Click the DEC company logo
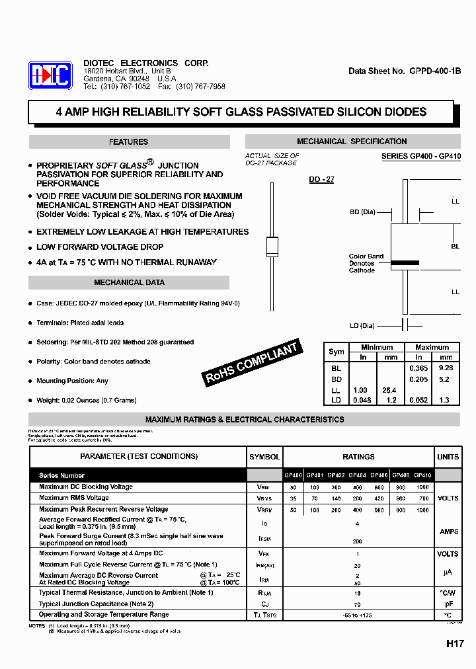click(x=50, y=75)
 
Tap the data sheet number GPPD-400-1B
click(x=405, y=71)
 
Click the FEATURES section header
click(x=129, y=142)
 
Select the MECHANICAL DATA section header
click(x=129, y=282)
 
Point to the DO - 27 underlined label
click(x=321, y=179)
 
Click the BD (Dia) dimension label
click(x=363, y=212)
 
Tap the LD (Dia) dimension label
click(x=362, y=325)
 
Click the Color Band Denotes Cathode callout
click(x=366, y=263)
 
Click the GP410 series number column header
click(x=422, y=475)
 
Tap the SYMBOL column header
click(x=264, y=457)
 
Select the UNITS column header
click(x=448, y=457)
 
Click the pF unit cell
click(x=448, y=604)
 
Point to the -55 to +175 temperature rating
click(x=358, y=615)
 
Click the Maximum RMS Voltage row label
click(x=74, y=498)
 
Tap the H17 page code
click(x=454, y=643)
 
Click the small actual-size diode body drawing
click(x=271, y=246)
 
